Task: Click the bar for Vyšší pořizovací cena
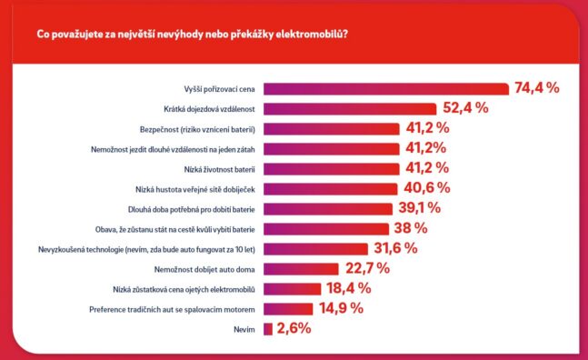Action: pyautogui.click(x=386, y=89)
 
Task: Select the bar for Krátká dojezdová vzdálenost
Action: pyautogui.click(x=350, y=109)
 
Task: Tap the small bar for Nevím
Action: pyautogui.click(x=268, y=329)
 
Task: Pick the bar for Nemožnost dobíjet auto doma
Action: pyautogui.click(x=301, y=269)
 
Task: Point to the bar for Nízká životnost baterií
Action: pyautogui.click(x=332, y=169)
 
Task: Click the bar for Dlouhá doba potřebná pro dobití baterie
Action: pyautogui.click(x=328, y=209)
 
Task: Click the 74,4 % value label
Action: pyautogui.click(x=537, y=88)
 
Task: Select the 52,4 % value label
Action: pyautogui.click(x=465, y=108)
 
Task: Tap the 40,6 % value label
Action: pyautogui.click(x=427, y=188)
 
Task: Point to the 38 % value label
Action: pyautogui.click(x=411, y=228)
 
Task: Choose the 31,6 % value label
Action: pyautogui.click(x=395, y=248)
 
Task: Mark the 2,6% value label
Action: pyautogui.click(x=294, y=328)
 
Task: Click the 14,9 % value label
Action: pyautogui.click(x=341, y=308)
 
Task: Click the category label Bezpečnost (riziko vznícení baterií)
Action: pyautogui.click(x=197, y=130)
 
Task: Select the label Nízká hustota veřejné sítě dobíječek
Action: pyautogui.click(x=195, y=190)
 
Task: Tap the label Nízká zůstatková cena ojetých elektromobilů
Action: pyautogui.click(x=184, y=290)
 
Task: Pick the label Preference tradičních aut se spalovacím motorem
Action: pyautogui.click(x=172, y=310)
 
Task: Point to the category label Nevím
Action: pyautogui.click(x=244, y=330)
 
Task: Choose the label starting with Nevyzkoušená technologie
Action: pyautogui.click(x=146, y=250)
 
